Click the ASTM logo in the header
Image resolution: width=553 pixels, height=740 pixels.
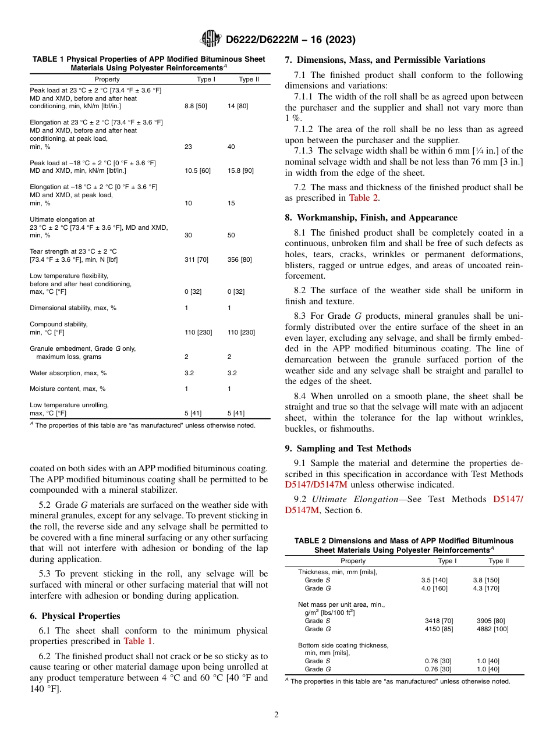click(210, 39)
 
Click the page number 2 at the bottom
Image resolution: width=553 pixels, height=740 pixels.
click(276, 714)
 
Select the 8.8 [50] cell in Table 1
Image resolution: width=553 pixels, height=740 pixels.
click(196, 106)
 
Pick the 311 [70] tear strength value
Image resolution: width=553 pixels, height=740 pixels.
click(196, 259)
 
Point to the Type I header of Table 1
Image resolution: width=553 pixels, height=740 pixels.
click(205, 79)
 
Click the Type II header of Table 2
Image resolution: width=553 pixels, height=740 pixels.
click(498, 561)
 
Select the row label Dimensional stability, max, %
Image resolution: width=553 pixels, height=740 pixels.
click(73, 308)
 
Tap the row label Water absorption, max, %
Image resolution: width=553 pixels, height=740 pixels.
click(68, 373)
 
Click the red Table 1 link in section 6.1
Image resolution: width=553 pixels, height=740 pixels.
click(138, 641)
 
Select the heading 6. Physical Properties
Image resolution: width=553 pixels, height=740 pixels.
click(75, 616)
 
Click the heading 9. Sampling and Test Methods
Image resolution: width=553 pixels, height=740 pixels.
click(348, 448)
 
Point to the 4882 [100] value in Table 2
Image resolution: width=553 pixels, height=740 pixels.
click(492, 629)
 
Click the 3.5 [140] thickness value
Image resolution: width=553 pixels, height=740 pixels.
click(434, 580)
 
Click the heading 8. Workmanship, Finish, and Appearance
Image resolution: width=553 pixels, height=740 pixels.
click(371, 218)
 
